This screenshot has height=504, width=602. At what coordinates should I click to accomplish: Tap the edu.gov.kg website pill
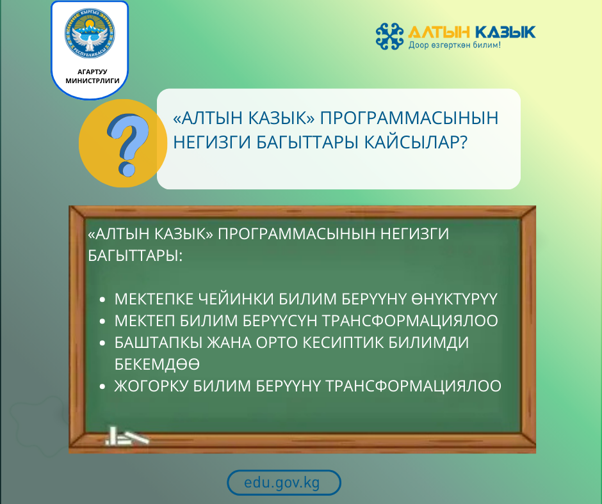[x=284, y=483]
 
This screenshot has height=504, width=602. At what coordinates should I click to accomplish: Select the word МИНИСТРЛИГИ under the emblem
[x=90, y=81]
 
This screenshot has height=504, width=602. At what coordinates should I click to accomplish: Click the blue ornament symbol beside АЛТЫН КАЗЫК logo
[x=390, y=36]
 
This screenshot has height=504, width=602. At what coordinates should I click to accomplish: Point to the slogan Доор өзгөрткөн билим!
[x=454, y=46]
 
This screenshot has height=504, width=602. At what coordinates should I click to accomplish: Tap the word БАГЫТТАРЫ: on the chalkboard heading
[x=135, y=255]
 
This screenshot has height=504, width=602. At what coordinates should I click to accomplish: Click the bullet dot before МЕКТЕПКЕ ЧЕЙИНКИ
[x=104, y=300]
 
